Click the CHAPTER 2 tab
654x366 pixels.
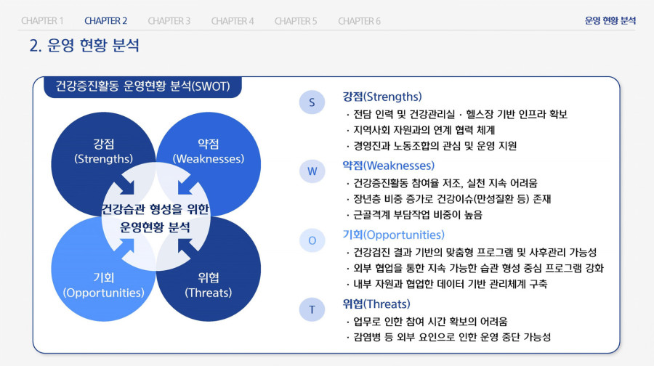coord(105,21)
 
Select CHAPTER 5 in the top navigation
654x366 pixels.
coord(296,21)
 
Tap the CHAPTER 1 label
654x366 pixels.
coord(42,21)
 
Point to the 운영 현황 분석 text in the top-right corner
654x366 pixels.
coord(610,21)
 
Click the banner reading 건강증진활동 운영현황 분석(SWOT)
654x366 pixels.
coord(142,86)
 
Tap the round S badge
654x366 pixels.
coord(312,102)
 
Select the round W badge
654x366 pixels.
coord(312,171)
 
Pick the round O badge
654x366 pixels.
coord(312,240)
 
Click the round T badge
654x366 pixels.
coord(312,310)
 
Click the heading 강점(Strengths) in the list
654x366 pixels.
coord(382,97)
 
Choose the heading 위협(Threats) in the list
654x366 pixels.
coord(376,304)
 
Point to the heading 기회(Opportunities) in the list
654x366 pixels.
coord(393,235)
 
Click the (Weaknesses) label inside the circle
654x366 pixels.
coord(208,159)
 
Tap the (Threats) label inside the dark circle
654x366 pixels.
coord(208,293)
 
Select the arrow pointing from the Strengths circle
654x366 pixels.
coord(125,185)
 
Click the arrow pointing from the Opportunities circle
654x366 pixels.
coord(125,248)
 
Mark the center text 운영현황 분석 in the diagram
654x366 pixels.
coord(156,227)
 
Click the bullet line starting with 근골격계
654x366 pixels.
coord(414,215)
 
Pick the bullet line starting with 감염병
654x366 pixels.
coord(448,337)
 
